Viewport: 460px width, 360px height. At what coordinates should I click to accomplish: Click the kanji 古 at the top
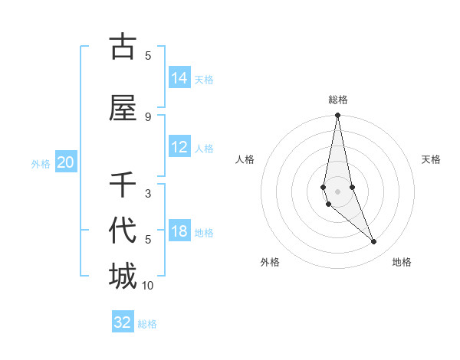123,47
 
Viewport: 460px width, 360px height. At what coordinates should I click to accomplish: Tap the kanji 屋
123,109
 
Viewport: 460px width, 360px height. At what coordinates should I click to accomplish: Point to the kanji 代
123,231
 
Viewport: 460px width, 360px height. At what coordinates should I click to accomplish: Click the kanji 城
123,277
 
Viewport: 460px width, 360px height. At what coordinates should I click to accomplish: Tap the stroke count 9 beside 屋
148,116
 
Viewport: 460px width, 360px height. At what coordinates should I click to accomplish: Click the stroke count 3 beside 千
148,194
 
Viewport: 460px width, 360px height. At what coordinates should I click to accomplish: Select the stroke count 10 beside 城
148,286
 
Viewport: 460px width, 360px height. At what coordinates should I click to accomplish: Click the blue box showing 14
179,78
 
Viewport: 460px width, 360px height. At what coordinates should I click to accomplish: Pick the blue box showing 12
179,148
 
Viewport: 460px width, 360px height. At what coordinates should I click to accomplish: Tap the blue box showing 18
179,232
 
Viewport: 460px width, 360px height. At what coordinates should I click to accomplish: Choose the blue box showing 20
66,162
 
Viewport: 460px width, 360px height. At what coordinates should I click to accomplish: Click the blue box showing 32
123,322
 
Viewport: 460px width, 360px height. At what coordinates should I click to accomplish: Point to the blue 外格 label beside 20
41,163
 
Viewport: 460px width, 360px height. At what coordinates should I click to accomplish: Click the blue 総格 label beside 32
147,324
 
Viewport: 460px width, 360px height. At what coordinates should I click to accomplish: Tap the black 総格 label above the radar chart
338,100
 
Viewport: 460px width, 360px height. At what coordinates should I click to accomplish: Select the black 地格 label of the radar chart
402,262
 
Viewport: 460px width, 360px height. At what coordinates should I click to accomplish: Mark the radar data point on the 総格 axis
338,116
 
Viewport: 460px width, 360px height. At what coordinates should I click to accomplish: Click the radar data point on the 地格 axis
374,242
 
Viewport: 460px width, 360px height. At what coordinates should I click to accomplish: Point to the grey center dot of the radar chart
338,191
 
